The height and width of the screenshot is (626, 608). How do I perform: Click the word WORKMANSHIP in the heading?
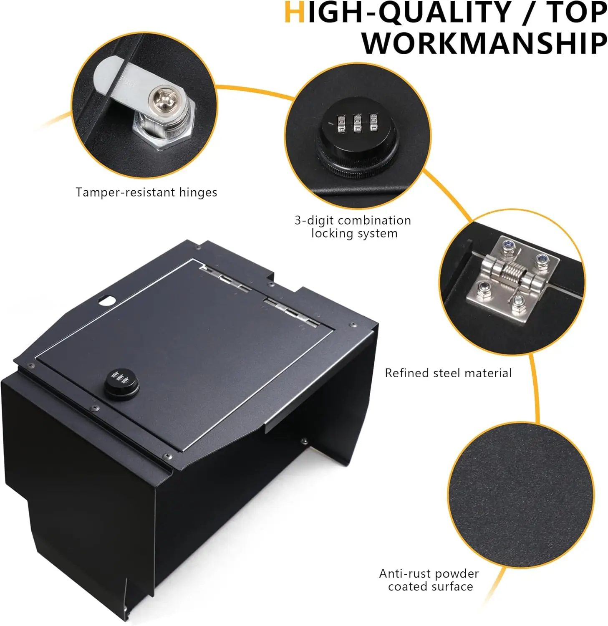click(484, 43)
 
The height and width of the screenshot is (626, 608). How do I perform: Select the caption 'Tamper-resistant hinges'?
click(146, 192)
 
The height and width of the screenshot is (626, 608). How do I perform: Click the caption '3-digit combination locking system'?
click(353, 227)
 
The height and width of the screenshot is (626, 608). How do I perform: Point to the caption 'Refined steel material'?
click(448, 373)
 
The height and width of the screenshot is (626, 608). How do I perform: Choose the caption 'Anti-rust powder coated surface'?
click(429, 580)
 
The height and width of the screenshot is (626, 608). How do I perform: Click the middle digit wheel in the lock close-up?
click(357, 124)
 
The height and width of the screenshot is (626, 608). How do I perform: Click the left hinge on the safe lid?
click(225, 279)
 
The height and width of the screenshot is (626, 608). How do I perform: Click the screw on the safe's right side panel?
click(304, 441)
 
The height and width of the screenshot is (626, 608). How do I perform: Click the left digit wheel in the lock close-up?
click(341, 124)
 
